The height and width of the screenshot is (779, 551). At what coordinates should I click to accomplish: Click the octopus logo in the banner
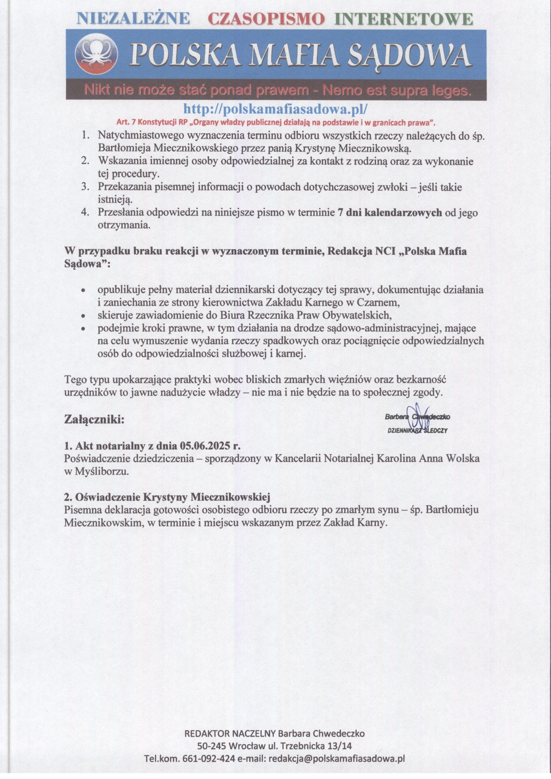97,54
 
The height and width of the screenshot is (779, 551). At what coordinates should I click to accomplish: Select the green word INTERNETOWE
404,19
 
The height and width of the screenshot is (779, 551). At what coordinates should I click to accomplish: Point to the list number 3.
85,187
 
